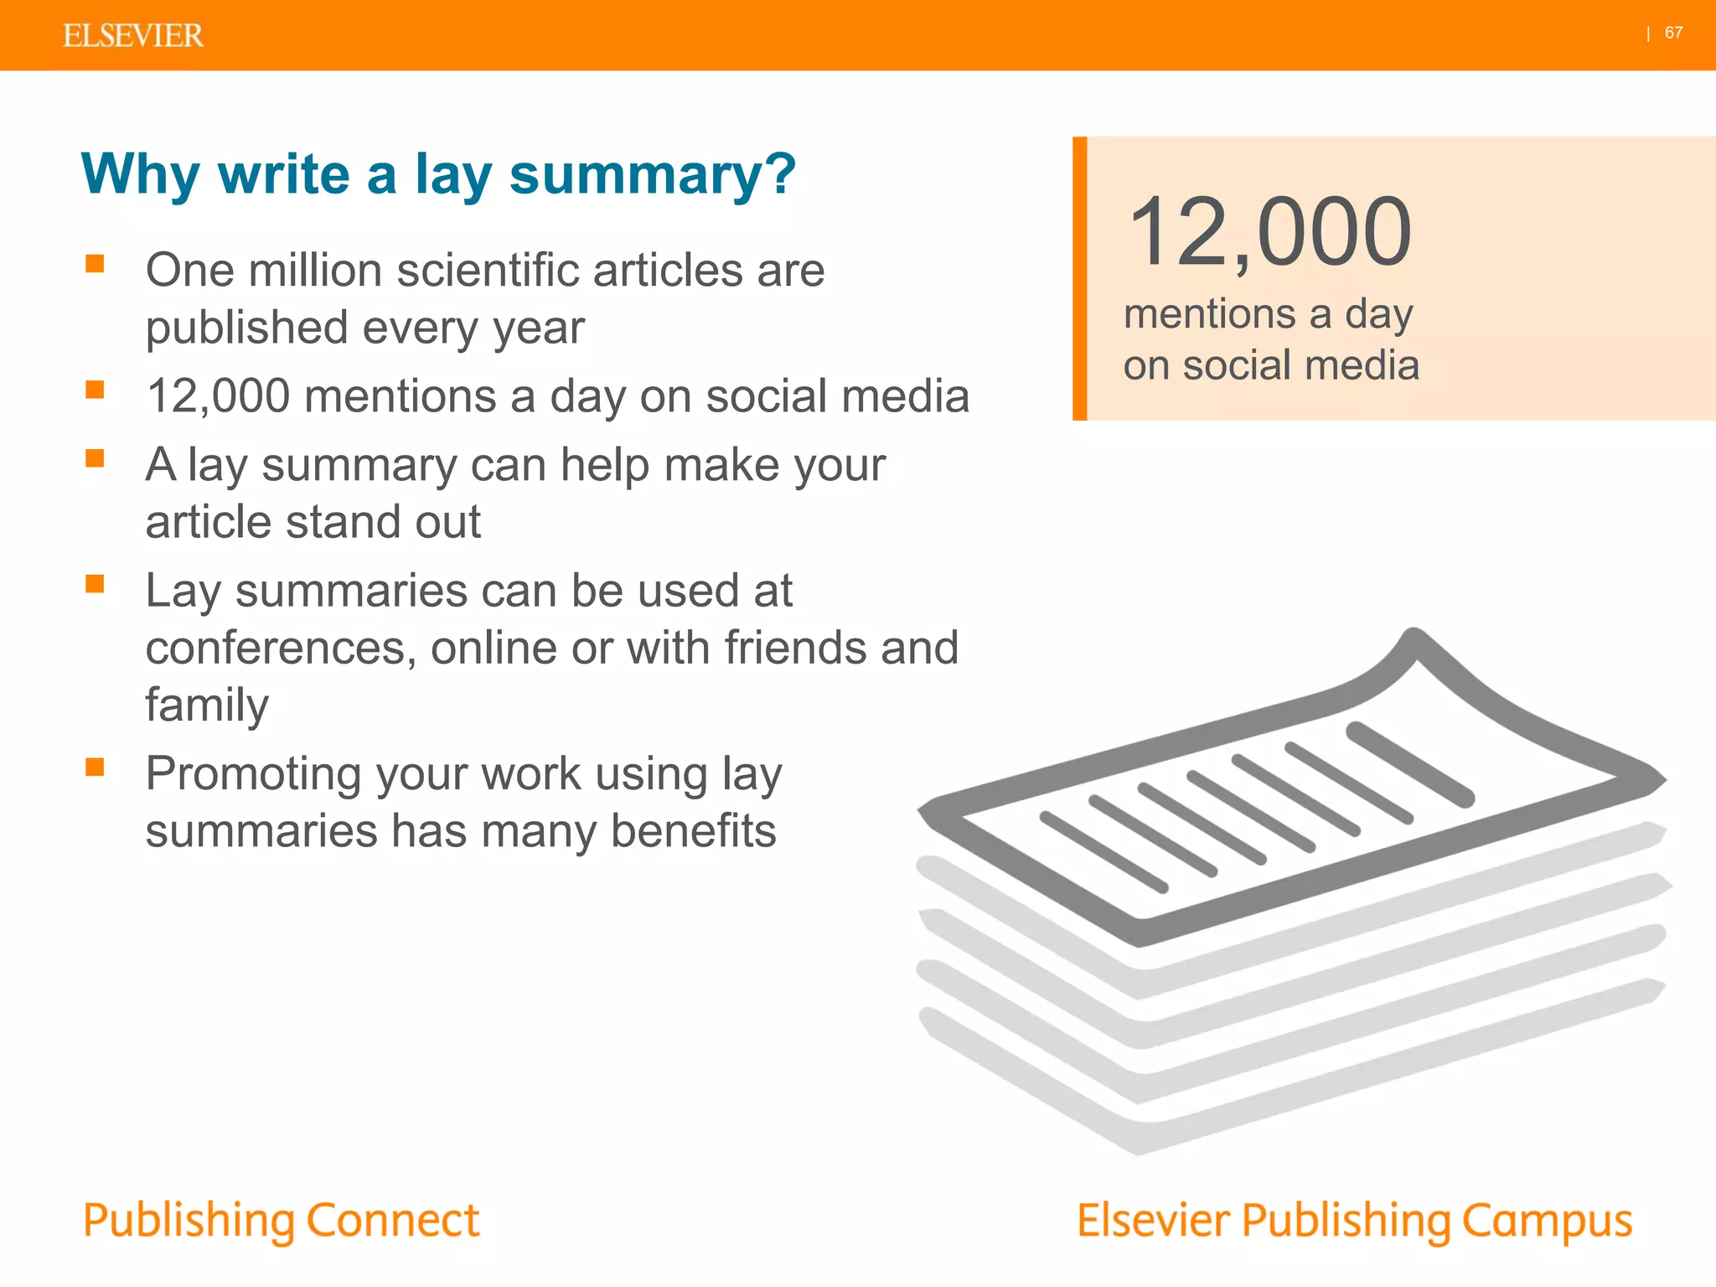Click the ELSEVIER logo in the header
click(x=133, y=36)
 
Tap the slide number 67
click(x=1673, y=34)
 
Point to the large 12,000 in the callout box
click(x=1269, y=232)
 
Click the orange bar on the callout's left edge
click(x=1080, y=278)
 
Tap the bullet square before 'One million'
click(x=95, y=265)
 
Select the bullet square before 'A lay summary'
click(x=95, y=458)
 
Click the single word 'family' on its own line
click(x=207, y=706)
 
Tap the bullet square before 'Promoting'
click(x=95, y=768)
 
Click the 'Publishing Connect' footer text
click(x=282, y=1221)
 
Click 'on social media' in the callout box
click(x=1271, y=366)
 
